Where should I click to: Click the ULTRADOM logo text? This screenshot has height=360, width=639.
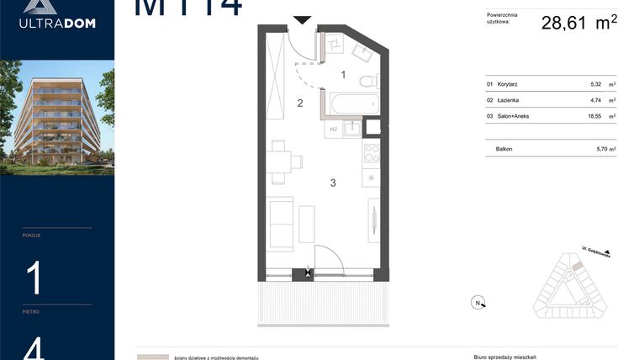click(57, 23)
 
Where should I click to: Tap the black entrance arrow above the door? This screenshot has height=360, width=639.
click(301, 19)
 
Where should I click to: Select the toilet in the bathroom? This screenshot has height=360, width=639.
click(366, 82)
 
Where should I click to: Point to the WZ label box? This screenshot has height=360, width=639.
click(334, 129)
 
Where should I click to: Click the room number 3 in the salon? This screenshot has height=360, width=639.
click(333, 183)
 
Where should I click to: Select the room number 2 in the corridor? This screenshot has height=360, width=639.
click(298, 103)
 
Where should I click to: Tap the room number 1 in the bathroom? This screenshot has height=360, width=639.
click(343, 75)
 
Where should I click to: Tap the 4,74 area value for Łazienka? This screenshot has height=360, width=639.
click(596, 100)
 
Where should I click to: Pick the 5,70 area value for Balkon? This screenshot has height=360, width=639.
click(596, 148)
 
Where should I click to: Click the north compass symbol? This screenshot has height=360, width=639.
click(478, 303)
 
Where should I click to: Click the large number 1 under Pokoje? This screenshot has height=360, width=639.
click(34, 278)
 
